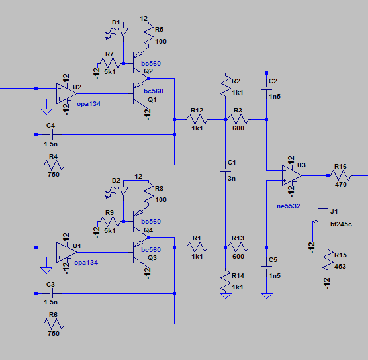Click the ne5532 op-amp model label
pyautogui.click(x=289, y=206)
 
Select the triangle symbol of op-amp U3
pyautogui.click(x=292, y=175)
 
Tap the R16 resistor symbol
pyautogui.click(x=340, y=175)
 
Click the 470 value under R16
pyautogui.click(x=341, y=185)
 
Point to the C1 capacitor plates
pyautogui.click(x=225, y=170)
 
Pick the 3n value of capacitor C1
pyautogui.click(x=232, y=179)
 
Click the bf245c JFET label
pyautogui.click(x=341, y=224)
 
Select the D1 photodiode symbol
pyautogui.click(x=123, y=32)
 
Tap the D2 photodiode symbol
pyautogui.click(x=123, y=191)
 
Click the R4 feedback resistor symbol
pyautogui.click(x=54, y=165)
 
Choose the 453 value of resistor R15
pyautogui.click(x=340, y=267)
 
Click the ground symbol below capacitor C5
pyautogui.click(x=266, y=296)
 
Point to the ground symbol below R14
pyautogui.click(x=225, y=296)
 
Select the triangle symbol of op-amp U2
pyautogui.click(x=66, y=93)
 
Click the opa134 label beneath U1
pyautogui.click(x=86, y=263)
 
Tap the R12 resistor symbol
pyautogui.click(x=197, y=120)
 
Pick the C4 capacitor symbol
pyautogui.click(x=51, y=135)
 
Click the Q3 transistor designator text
pyautogui.click(x=152, y=258)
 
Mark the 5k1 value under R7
pyautogui.click(x=110, y=72)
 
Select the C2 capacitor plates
pyautogui.click(x=266, y=89)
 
